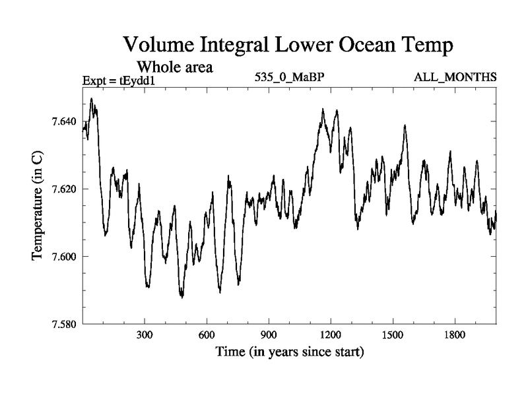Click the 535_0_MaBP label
(x=289, y=77)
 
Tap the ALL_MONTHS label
(x=455, y=77)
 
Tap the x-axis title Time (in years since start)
(x=290, y=353)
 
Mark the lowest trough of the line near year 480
(x=181, y=297)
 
